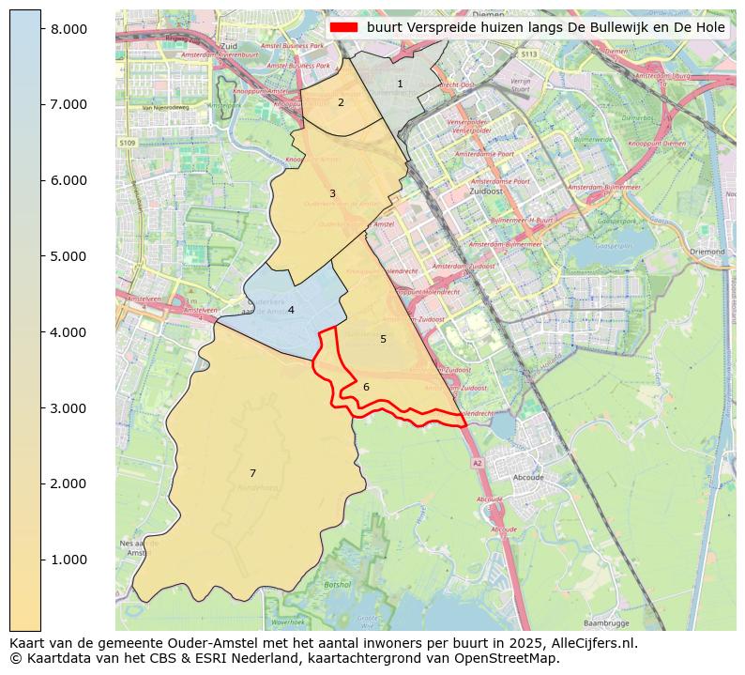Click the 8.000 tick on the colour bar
point(68,29)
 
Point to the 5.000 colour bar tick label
point(68,256)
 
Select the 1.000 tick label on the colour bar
point(68,560)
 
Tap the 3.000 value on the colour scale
point(68,408)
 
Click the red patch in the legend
point(344,27)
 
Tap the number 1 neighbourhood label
point(400,84)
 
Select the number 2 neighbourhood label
point(341,102)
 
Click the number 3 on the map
point(332,194)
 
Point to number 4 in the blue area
point(291,310)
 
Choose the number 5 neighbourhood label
point(383,339)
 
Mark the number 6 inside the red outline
point(366,387)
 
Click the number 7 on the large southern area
point(252,473)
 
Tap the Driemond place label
point(707,252)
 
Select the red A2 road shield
point(477,463)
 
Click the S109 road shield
point(128,143)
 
